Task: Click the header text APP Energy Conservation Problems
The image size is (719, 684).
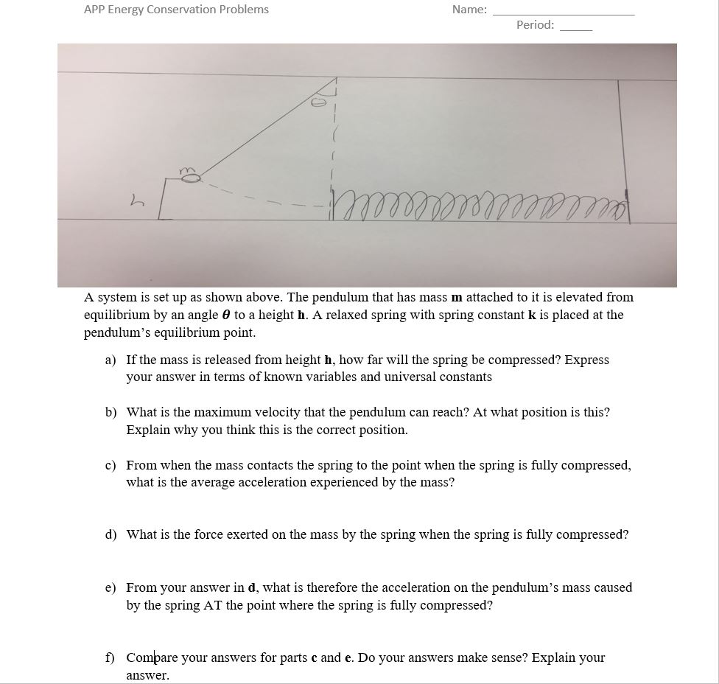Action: pyautogui.click(x=176, y=10)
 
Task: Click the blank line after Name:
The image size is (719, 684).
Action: pyautogui.click(x=563, y=13)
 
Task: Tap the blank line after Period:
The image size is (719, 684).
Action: pyautogui.click(x=576, y=29)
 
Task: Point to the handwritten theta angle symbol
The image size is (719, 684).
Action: pyautogui.click(x=320, y=103)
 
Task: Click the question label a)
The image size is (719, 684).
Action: pyautogui.click(x=111, y=360)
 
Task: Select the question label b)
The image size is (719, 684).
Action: pyautogui.click(x=111, y=413)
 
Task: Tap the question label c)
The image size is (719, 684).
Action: pyautogui.click(x=111, y=466)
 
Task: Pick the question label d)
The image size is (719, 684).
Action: pyautogui.click(x=111, y=534)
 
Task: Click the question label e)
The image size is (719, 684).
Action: pyautogui.click(x=111, y=588)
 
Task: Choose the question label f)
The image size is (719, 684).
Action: pyautogui.click(x=111, y=657)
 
